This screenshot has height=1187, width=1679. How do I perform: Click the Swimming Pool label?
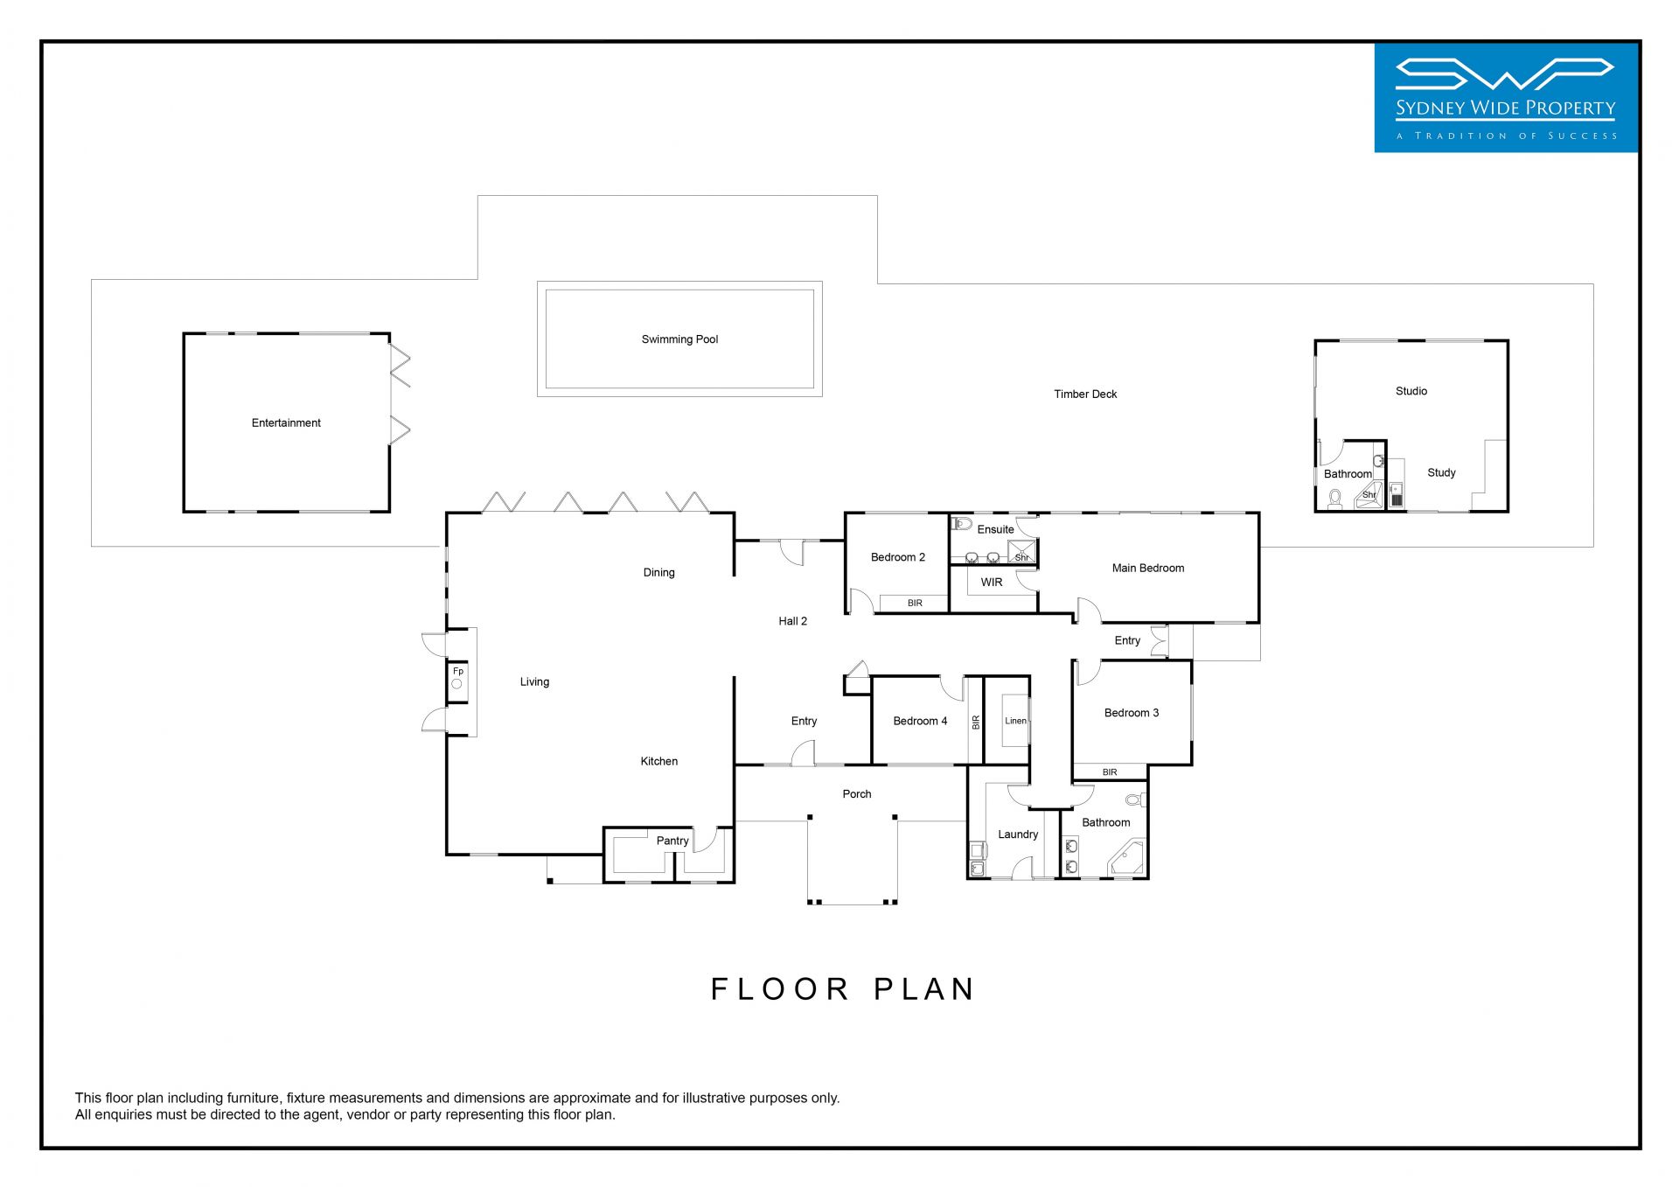pos(679,339)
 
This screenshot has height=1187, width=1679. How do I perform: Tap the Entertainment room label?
pos(286,422)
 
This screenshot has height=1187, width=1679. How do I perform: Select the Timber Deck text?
pos(1085,395)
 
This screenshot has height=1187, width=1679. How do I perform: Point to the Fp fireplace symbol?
pos(457,679)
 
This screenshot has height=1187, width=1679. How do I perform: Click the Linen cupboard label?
pos(1015,721)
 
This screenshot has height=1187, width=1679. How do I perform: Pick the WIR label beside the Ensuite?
pos(992,583)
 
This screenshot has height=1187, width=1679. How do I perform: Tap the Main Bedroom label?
pos(1148,569)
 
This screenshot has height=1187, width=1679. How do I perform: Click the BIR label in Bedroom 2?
pos(915,604)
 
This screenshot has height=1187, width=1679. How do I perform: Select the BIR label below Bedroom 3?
pos(1110,772)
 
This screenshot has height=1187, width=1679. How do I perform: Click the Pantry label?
pos(672,841)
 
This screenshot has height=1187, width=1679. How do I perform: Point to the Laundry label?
pos(1018,834)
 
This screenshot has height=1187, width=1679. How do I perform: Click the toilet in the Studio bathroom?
pos(1334,499)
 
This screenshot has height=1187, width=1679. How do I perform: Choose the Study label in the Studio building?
pos(1441,473)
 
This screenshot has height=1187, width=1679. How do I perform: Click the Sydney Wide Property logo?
pos(1506,98)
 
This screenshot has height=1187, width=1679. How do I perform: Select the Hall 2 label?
pos(792,621)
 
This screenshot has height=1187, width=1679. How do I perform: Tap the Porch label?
pos(857,794)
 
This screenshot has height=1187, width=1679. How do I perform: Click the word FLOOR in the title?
pos(780,989)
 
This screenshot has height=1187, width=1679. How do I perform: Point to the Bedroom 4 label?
pos(920,721)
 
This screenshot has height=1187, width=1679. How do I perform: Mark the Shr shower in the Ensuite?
pos(1021,552)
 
